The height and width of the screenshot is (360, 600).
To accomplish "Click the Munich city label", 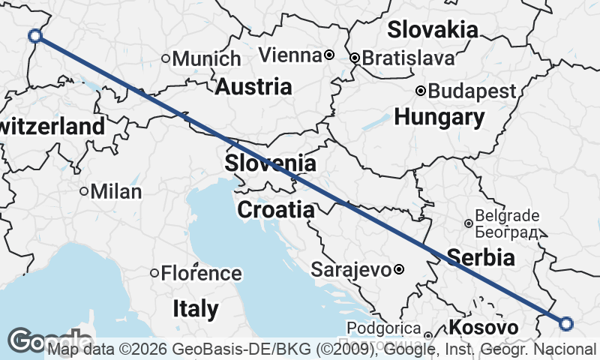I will click(207, 58).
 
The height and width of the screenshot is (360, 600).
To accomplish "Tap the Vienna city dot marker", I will click(329, 55).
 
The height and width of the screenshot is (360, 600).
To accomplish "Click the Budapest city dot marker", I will click(421, 91).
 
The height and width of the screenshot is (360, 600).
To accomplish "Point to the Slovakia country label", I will click(433, 30).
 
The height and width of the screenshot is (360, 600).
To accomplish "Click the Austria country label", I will click(253, 86).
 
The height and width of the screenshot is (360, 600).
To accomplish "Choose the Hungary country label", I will click(439, 117).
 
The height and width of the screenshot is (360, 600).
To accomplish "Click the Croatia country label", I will click(276, 210).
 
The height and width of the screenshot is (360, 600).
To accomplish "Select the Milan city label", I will click(115, 191).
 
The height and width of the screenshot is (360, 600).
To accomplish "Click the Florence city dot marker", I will click(155, 273).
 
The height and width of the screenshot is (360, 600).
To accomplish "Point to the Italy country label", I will click(196, 308).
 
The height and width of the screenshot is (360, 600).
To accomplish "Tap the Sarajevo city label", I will click(351, 269).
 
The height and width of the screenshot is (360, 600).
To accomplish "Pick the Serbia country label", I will click(481, 258).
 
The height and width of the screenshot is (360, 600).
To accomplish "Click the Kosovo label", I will click(484, 328).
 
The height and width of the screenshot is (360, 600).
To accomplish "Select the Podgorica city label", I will click(382, 328).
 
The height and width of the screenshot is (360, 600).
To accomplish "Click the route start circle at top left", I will click(34, 35).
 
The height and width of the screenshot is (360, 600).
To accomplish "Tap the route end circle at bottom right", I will click(566, 323).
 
